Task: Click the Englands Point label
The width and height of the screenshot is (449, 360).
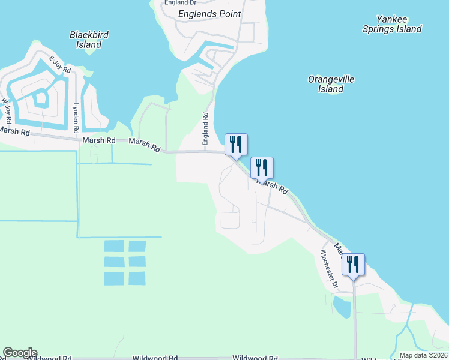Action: tap(209, 14)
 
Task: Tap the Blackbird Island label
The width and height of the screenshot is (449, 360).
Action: tap(89, 40)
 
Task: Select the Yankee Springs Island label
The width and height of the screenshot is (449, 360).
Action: tap(392, 24)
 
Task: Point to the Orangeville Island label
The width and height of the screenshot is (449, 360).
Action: tap(331, 84)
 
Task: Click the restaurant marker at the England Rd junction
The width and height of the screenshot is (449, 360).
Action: tap(236, 145)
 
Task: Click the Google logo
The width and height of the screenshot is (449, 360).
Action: tap(20, 353)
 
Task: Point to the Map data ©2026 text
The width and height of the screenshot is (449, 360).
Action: tap(423, 355)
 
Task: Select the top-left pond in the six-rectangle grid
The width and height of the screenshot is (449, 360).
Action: tap(114, 246)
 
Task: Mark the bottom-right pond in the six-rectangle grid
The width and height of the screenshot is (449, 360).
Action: tap(137, 278)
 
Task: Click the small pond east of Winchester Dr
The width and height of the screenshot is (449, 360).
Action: tap(342, 307)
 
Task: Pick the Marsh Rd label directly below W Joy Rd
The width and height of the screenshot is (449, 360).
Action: tap(14, 131)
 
